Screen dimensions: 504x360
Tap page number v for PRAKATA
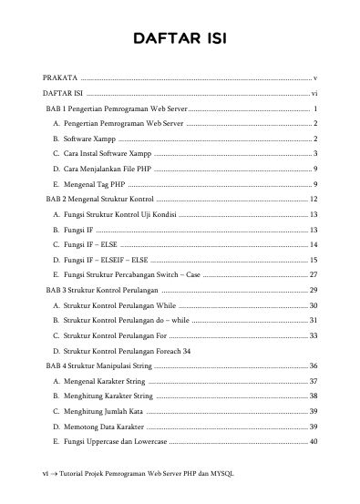coord(314,78)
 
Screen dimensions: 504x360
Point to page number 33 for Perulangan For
coord(313,335)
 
